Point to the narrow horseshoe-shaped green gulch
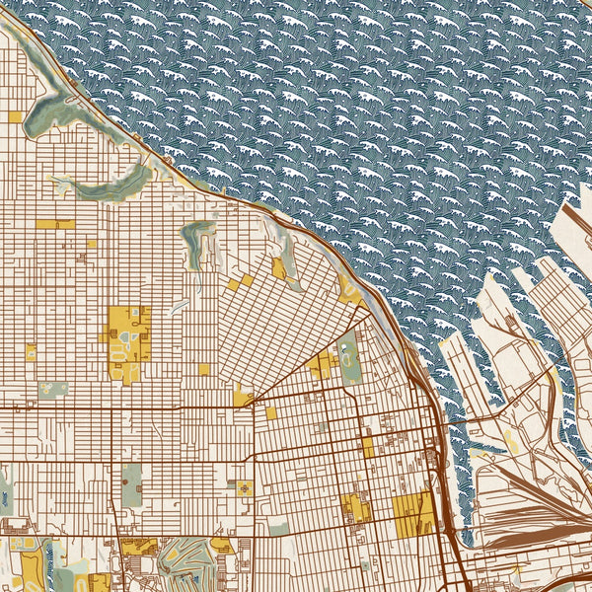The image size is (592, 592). (x=197, y=242)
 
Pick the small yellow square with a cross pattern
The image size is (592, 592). (x=243, y=488)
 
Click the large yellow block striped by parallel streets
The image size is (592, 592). (x=412, y=510)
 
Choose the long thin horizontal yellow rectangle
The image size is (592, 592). (x=55, y=224)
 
